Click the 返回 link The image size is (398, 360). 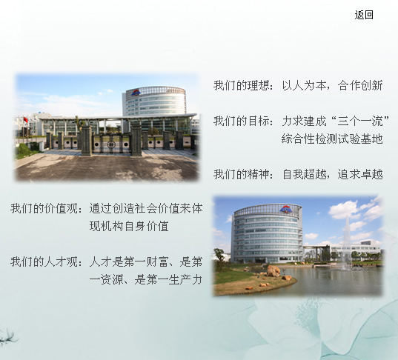(364, 15)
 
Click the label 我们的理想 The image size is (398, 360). (242, 85)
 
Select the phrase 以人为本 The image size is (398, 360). (304, 85)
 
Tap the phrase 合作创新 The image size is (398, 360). (360, 85)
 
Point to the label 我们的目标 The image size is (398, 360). (242, 121)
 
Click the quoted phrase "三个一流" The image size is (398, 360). (360, 121)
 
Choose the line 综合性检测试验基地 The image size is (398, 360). (332, 139)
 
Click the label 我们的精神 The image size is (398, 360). (242, 174)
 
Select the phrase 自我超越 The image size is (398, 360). (304, 174)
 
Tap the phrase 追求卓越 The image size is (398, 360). (360, 174)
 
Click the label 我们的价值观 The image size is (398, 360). (44, 208)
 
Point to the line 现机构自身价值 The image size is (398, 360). (129, 226)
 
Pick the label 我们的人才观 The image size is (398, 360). (44, 261)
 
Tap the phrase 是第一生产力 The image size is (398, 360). (168, 279)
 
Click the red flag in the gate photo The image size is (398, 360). (25, 119)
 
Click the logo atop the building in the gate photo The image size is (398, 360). (136, 93)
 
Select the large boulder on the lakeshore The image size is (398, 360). (273, 271)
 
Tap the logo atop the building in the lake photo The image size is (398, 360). (286, 210)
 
